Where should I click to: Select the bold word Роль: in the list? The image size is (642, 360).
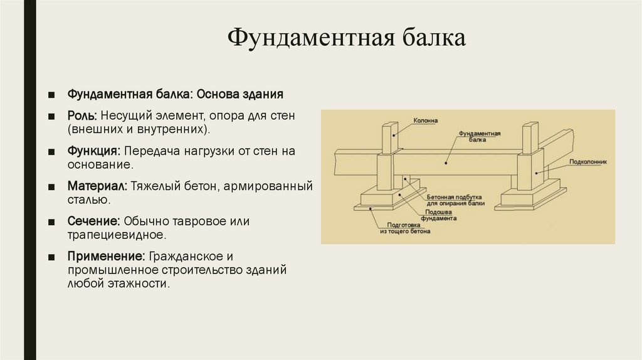(82, 117)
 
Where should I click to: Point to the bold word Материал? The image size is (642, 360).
(97, 187)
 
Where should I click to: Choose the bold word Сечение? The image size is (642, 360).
(94, 222)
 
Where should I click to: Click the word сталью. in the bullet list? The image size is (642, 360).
(89, 201)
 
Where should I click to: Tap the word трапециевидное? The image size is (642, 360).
(117, 236)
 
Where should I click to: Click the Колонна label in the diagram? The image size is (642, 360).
(426, 120)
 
